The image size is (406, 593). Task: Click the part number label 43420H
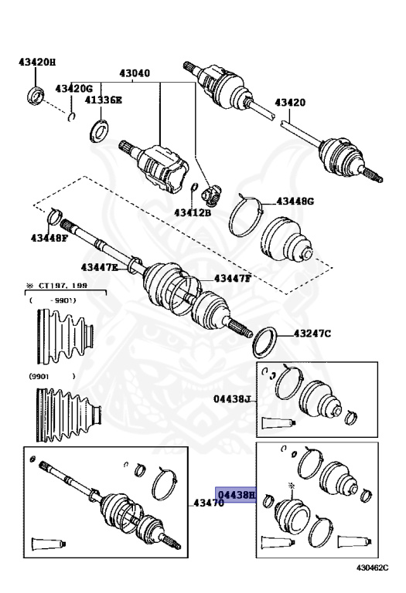(x=37, y=63)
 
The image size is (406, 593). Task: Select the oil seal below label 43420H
(x=36, y=96)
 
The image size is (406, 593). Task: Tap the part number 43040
(x=135, y=73)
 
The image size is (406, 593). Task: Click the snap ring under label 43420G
(x=71, y=117)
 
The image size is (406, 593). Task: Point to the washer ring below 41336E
(x=99, y=130)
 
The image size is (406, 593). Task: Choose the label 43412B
(x=193, y=213)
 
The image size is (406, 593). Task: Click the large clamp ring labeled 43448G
(x=246, y=215)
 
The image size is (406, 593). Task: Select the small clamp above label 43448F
(x=54, y=216)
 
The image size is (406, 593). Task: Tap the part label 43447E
(x=99, y=267)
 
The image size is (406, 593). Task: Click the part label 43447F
(x=233, y=279)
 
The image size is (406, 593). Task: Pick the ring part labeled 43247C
(x=265, y=343)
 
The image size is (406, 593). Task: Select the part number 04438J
(x=233, y=398)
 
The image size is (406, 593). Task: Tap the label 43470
(x=209, y=503)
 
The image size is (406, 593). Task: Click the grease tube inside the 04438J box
(x=278, y=423)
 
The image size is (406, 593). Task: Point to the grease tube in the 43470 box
(x=49, y=544)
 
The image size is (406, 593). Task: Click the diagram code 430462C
(x=372, y=568)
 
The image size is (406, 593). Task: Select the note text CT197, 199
(x=63, y=286)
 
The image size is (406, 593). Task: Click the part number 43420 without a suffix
(x=290, y=103)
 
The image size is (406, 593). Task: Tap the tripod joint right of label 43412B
(x=212, y=195)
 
